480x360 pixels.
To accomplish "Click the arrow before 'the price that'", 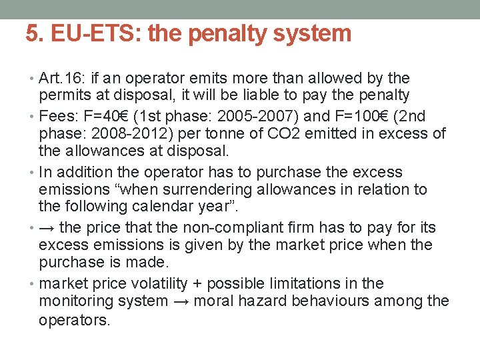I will coord(47,227).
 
